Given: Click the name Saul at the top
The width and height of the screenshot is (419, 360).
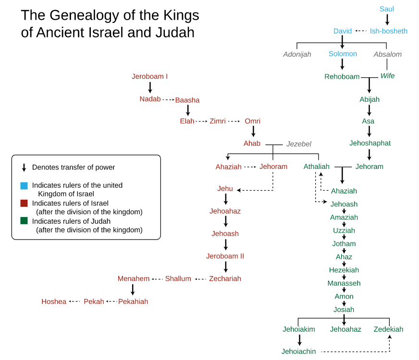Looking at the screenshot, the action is tap(386, 9).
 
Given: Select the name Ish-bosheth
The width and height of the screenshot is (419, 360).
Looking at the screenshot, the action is tap(388, 31).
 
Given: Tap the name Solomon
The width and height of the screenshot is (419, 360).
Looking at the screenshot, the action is tap(343, 54).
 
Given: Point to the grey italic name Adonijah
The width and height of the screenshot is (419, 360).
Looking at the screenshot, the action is tap(297, 54).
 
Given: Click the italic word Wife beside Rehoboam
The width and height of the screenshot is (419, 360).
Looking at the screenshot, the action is tap(387, 76).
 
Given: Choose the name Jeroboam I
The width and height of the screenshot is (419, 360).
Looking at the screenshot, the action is tap(149, 76).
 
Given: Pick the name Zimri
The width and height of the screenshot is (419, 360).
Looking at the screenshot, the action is tap(218, 121).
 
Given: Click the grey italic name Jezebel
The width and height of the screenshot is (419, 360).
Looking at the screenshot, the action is tap(299, 144).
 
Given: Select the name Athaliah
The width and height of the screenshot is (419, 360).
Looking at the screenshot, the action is tap(316, 167).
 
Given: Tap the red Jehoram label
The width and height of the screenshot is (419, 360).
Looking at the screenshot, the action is tap(273, 167).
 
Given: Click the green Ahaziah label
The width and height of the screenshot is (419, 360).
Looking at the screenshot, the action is tap(344, 191).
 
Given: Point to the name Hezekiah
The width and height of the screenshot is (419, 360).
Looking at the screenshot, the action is tap(344, 270).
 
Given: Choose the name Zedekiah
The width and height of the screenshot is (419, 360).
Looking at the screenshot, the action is tap(388, 329).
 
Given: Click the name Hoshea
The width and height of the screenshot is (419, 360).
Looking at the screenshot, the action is tap(54, 301).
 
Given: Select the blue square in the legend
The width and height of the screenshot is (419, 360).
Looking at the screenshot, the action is tap(24, 186).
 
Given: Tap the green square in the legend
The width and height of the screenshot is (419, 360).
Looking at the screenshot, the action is tap(24, 221).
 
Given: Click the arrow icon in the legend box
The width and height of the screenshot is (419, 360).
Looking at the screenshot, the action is tap(24, 168).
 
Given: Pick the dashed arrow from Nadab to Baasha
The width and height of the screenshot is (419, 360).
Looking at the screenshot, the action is tap(168, 100).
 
